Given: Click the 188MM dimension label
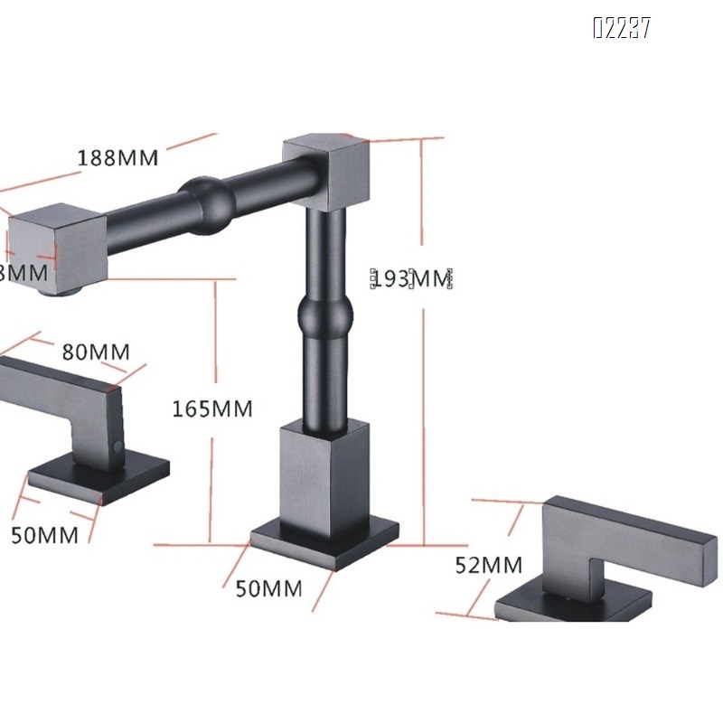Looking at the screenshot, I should [x=117, y=157].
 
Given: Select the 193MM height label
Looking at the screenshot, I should [x=412, y=278].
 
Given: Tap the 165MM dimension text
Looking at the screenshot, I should [x=212, y=408].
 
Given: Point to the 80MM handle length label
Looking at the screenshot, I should [x=95, y=351].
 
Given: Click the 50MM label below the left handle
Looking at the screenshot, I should [x=44, y=534].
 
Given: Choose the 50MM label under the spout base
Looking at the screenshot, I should [x=268, y=588].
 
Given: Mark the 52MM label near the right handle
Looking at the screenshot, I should [x=489, y=566].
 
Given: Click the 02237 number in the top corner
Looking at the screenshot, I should [x=621, y=29].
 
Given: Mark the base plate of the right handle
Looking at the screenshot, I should [x=578, y=602].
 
